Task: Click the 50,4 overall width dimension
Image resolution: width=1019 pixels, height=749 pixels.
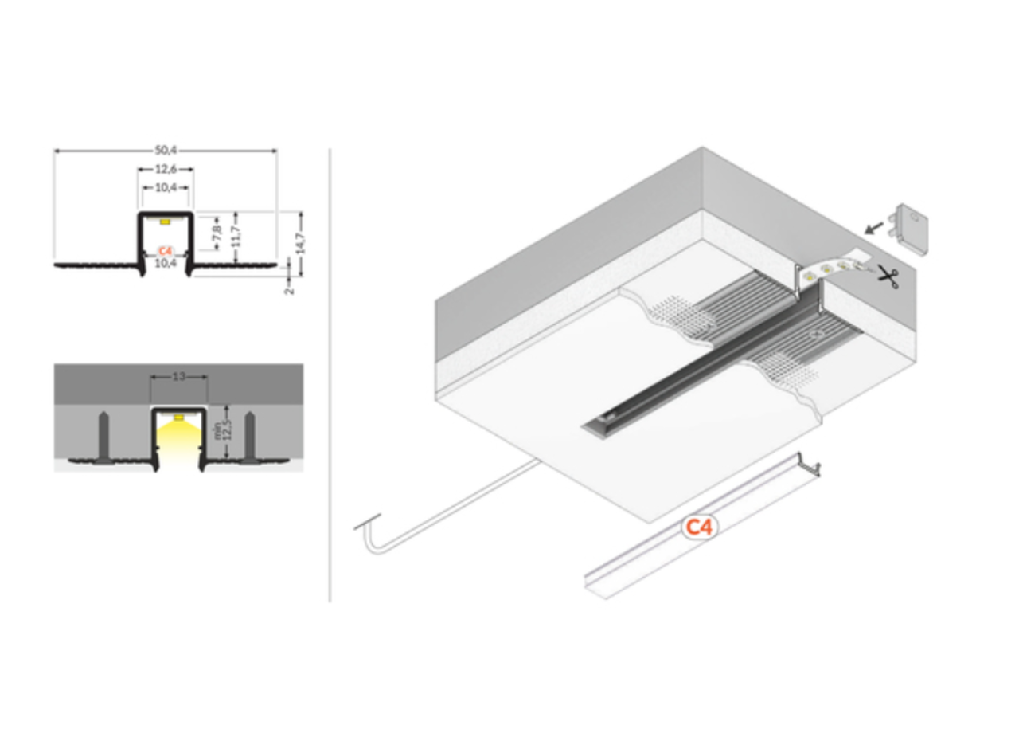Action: click(x=166, y=149)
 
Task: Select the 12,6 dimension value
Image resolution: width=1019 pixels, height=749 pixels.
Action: click(x=166, y=169)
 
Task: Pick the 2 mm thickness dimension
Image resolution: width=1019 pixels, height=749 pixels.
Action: click(x=290, y=287)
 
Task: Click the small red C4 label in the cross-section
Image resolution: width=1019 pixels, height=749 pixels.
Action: click(x=166, y=250)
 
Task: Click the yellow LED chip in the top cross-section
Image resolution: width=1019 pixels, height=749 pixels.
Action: click(x=166, y=220)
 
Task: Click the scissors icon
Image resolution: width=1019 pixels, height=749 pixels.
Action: click(x=888, y=276)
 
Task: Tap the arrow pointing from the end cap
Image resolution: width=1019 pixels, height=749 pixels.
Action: click(x=874, y=229)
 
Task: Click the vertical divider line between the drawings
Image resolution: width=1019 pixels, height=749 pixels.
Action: click(x=330, y=374)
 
